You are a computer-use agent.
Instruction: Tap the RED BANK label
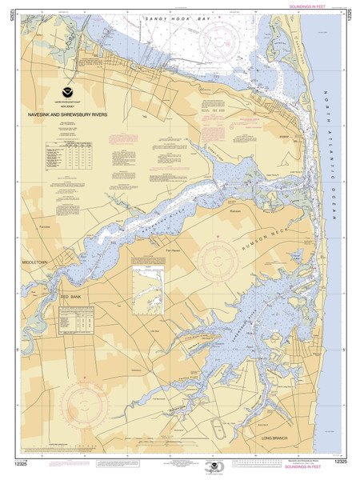click(71, 296)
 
